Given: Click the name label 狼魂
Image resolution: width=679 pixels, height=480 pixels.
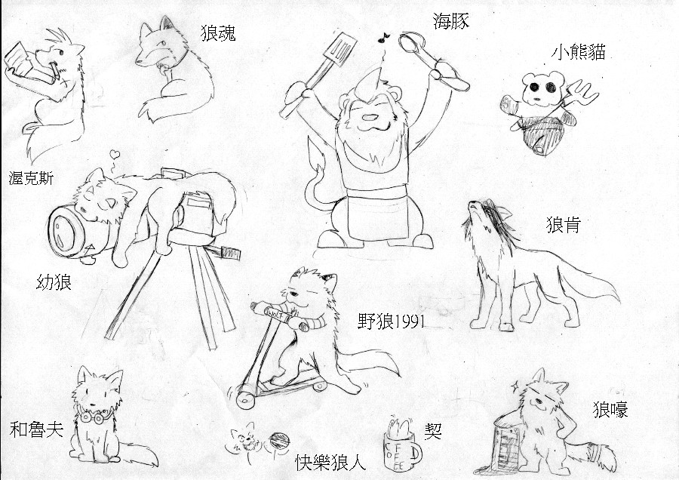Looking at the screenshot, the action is click(x=218, y=32).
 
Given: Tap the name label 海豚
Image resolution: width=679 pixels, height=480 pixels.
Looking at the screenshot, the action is click(x=451, y=21).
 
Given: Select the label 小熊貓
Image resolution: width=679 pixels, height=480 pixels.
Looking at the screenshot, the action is click(x=578, y=52).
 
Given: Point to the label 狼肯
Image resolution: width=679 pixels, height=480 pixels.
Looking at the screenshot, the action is click(x=563, y=225).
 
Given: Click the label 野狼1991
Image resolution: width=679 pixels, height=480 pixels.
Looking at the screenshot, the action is click(x=392, y=322).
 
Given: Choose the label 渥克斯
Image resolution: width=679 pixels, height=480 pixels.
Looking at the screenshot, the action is click(x=31, y=178).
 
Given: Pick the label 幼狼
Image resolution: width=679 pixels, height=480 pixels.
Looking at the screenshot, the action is click(x=54, y=282).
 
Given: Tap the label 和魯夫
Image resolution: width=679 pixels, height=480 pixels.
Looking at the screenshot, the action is click(x=37, y=429).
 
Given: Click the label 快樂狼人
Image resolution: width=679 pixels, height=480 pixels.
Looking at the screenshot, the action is click(x=330, y=462).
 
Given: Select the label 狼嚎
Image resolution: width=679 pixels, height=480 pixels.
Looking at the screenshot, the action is click(x=610, y=409).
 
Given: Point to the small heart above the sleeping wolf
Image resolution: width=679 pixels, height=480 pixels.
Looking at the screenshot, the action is click(x=115, y=154).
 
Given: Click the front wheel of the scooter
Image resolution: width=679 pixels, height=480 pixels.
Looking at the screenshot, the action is click(x=245, y=400).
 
